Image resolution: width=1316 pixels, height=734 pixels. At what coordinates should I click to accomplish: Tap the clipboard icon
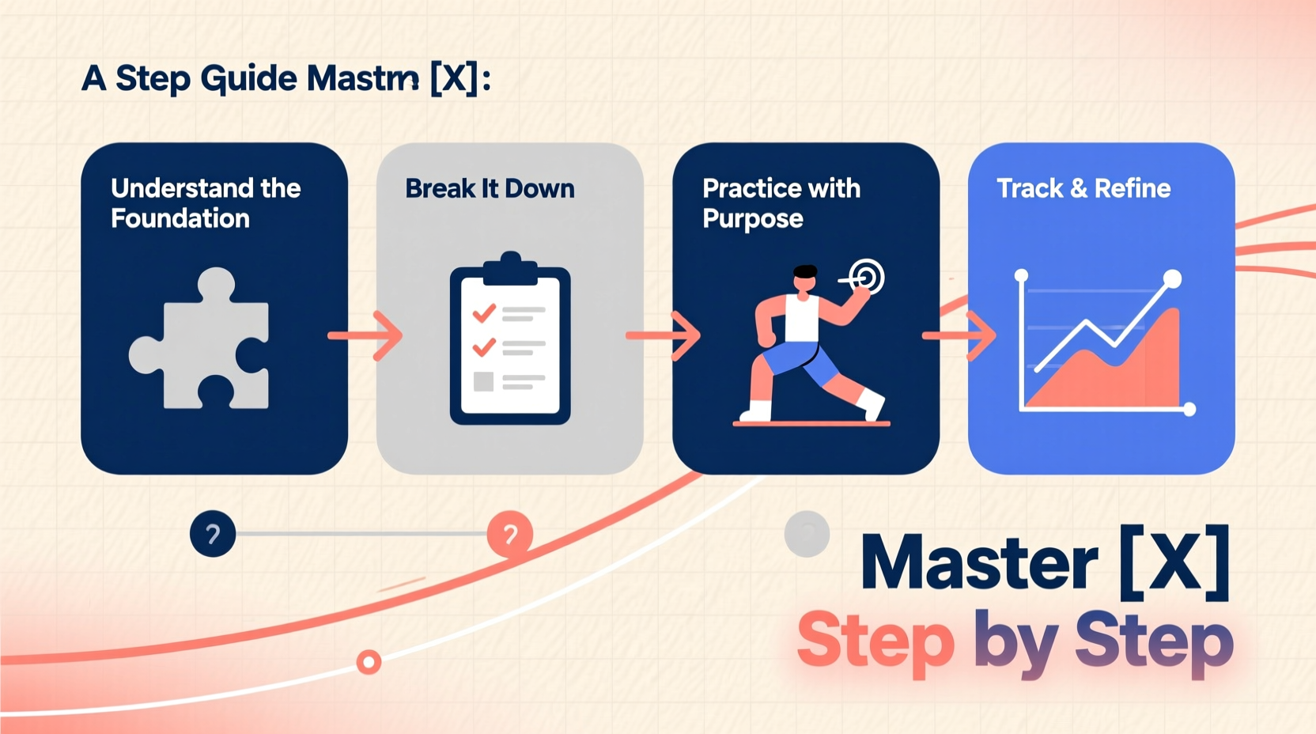pos(510,340)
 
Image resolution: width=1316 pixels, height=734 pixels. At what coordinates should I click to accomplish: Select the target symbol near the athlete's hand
pos(867,277)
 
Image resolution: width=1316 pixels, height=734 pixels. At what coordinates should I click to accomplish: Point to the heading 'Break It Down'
pos(490,188)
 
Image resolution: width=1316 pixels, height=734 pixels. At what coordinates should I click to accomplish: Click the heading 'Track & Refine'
pos(1083,188)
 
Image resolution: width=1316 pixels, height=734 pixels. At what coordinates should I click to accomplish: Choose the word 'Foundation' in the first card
pos(180,218)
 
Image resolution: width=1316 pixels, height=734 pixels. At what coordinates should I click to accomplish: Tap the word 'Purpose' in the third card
pos(752,218)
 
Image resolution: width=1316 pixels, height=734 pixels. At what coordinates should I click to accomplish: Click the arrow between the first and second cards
pos(365,335)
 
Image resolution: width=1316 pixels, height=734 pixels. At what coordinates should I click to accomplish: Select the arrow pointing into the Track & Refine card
pos(959,336)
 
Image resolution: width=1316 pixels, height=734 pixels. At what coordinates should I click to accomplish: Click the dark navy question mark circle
pos(213,534)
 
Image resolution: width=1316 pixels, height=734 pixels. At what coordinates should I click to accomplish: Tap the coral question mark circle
pos(510,535)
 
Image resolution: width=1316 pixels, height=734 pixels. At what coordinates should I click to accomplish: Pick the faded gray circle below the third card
pos(807,534)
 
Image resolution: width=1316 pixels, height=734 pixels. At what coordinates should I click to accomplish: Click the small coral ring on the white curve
pos(369,661)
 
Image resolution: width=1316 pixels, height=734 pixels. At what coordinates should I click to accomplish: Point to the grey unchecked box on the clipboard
pos(483,382)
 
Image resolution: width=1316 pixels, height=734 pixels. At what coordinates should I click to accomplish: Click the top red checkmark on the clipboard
pos(484,314)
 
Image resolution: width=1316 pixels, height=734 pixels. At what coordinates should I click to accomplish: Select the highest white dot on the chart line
pos(1172,278)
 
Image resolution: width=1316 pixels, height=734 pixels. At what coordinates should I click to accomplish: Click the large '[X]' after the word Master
pos(1175,563)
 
